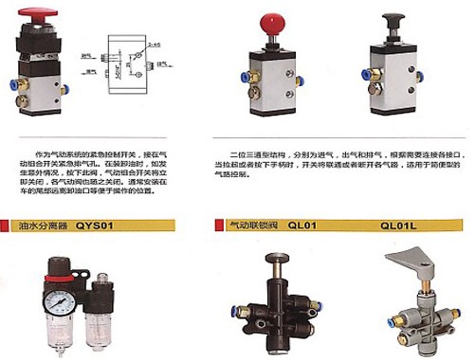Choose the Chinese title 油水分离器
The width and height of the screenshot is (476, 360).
(45, 226)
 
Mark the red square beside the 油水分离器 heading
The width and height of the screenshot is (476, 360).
(14, 226)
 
